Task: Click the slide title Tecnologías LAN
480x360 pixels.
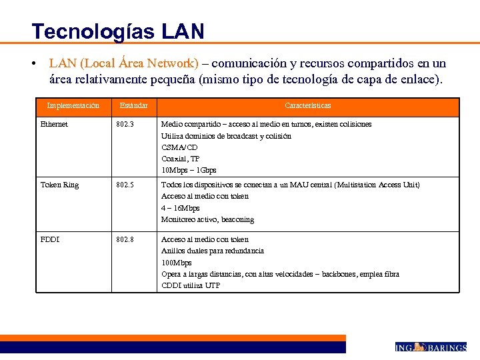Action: [118, 31]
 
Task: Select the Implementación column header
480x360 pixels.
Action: [73, 105]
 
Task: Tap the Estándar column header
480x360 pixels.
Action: [134, 105]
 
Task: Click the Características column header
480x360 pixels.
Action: [307, 105]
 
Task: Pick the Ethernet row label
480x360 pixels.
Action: [54, 124]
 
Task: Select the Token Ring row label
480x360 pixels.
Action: [59, 185]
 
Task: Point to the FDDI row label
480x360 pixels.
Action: [50, 239]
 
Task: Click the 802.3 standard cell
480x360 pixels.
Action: [125, 124]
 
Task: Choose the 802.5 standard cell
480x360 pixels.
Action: [125, 185]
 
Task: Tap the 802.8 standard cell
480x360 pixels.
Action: [125, 239]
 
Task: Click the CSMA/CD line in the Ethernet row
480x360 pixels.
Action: [179, 147]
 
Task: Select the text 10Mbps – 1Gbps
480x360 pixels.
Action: [189, 170]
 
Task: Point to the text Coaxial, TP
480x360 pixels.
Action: [180, 159]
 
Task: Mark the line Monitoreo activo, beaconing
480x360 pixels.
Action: [207, 219]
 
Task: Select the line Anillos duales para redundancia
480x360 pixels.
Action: [213, 251]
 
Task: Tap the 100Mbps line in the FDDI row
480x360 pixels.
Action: [177, 263]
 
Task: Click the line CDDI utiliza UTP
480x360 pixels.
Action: [191, 285]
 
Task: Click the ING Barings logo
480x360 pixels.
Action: [430, 347]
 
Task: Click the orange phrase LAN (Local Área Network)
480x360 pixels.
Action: [123, 63]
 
